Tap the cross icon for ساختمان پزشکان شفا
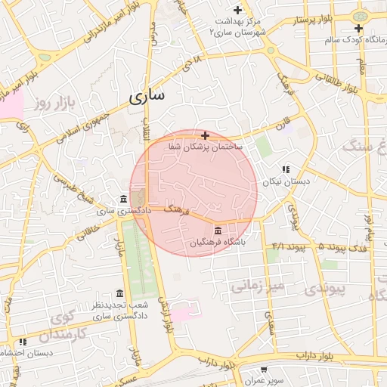coord(204,135)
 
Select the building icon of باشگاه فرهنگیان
coord(218,231)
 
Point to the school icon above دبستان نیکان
coord(285,170)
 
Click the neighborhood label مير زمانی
coord(257,286)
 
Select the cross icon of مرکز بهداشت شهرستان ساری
coord(238,10)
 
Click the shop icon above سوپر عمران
coord(264,370)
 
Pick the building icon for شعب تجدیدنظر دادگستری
coord(119,294)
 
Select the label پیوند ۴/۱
coord(288,247)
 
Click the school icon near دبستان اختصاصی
coord(23,342)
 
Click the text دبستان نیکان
coord(282,182)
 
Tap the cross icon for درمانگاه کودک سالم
coord(359,28)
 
